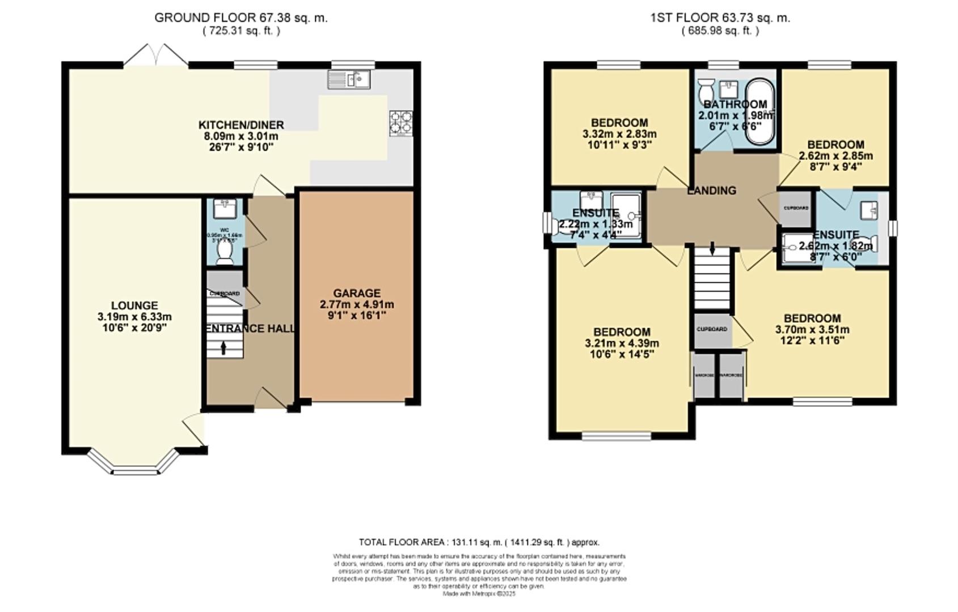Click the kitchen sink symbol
coord(348,79)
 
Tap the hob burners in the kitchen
coord(400,123)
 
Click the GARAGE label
coord(357,293)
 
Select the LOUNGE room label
coord(134,305)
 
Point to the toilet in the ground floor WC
coord(225,252)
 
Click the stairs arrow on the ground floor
coord(223,347)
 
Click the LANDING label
coord(711,190)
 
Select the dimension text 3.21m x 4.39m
coord(622,343)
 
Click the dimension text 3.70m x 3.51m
coord(812,330)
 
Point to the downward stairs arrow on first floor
coord(712,248)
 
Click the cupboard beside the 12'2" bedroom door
coord(712,329)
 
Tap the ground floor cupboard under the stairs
coord(225,289)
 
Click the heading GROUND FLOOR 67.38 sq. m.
coord(241,18)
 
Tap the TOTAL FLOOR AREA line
coord(479,542)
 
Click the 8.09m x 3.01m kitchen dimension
coord(241,136)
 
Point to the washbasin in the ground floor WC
coord(225,209)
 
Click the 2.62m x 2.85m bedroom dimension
coord(835,156)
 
